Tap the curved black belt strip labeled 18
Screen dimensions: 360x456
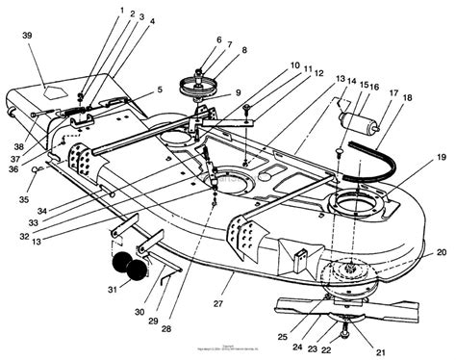pyautogui.click(x=374, y=155)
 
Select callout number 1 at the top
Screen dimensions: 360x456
pyautogui.click(x=122, y=11)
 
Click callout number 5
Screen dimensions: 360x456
pyautogui.click(x=158, y=90)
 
